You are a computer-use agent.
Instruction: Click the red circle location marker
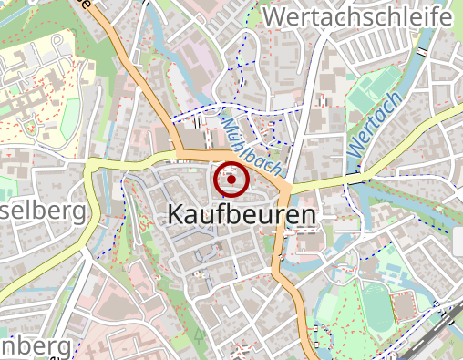tap(231, 180)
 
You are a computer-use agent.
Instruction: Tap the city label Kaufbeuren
tap(242, 215)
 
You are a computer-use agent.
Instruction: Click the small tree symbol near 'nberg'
tap(200, 335)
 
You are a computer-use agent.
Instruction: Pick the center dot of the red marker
tap(231, 180)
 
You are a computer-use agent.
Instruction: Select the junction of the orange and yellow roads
tap(283, 188)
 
